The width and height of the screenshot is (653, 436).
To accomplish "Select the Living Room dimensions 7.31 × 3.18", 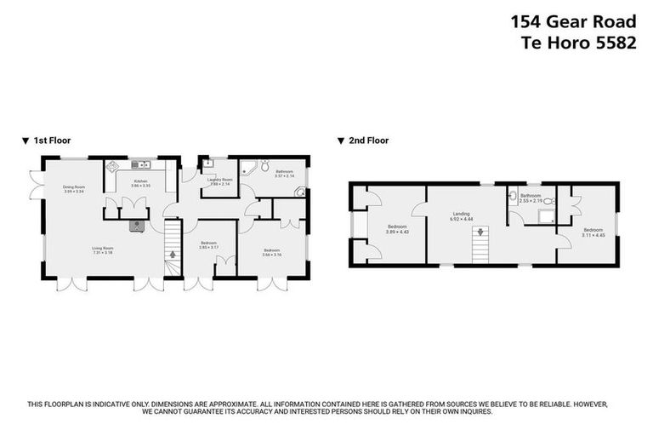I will [x=102, y=253].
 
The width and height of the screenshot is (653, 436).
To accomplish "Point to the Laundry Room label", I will [x=220, y=179].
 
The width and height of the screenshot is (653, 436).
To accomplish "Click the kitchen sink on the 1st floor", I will [x=139, y=164].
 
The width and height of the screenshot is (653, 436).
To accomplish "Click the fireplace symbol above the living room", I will [x=138, y=226].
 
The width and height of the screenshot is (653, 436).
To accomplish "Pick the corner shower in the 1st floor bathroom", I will [x=247, y=167].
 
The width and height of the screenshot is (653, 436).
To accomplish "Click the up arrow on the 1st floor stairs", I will [x=173, y=253].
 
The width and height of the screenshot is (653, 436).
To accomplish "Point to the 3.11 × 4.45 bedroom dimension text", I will [x=593, y=233].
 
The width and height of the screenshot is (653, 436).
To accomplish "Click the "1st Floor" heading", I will [x=50, y=141].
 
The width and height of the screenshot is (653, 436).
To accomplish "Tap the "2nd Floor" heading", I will [x=368, y=141].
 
